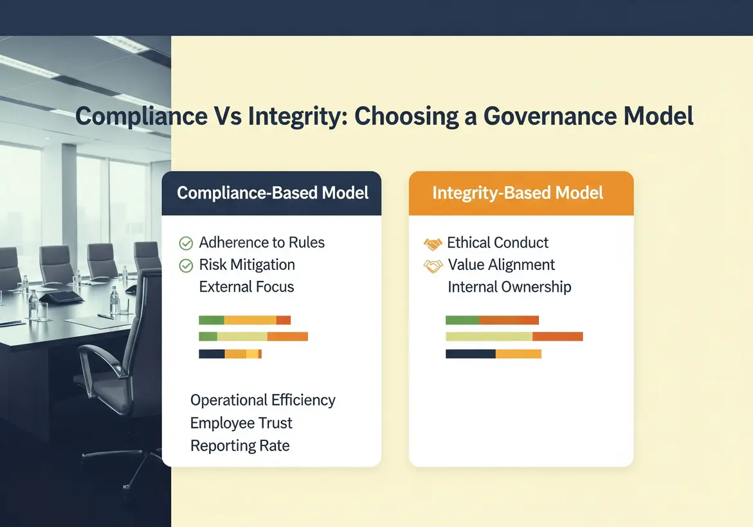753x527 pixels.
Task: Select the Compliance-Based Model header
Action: pyautogui.click(x=272, y=193)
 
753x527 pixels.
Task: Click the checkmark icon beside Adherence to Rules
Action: pyautogui.click(x=186, y=244)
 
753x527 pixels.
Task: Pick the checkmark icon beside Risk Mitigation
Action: pyautogui.click(x=186, y=265)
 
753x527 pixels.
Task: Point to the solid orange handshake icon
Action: pyautogui.click(x=433, y=244)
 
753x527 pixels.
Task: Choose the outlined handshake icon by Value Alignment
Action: pyautogui.click(x=433, y=266)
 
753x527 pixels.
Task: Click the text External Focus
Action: pyautogui.click(x=246, y=287)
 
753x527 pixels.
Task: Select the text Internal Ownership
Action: pyautogui.click(x=509, y=287)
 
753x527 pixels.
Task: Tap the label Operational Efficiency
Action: pyautogui.click(x=263, y=400)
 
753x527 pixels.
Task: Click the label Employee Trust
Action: pyautogui.click(x=241, y=423)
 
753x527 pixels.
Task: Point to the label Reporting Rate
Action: pyautogui.click(x=240, y=445)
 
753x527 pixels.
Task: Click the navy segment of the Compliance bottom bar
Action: pyautogui.click(x=212, y=354)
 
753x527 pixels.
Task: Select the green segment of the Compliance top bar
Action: pyautogui.click(x=212, y=320)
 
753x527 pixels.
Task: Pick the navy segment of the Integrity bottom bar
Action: pyautogui.click(x=471, y=354)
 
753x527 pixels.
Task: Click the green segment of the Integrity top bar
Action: pyautogui.click(x=462, y=320)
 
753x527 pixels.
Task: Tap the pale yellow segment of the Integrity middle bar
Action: pyautogui.click(x=489, y=337)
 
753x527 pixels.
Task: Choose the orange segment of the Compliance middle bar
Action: pyautogui.click(x=287, y=337)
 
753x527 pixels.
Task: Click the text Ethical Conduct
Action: pyautogui.click(x=498, y=243)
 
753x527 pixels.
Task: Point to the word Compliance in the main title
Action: pyautogui.click(x=141, y=116)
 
